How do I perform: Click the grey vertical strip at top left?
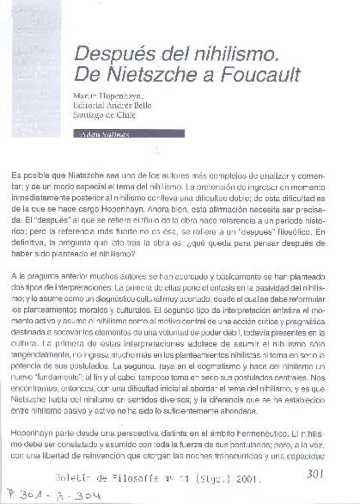36,68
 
